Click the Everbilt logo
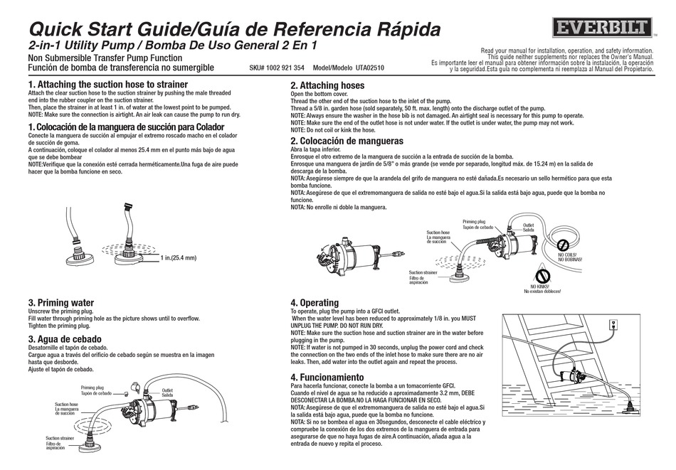(601, 28)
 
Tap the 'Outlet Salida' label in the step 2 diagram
(529, 227)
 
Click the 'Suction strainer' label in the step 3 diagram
(59, 438)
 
